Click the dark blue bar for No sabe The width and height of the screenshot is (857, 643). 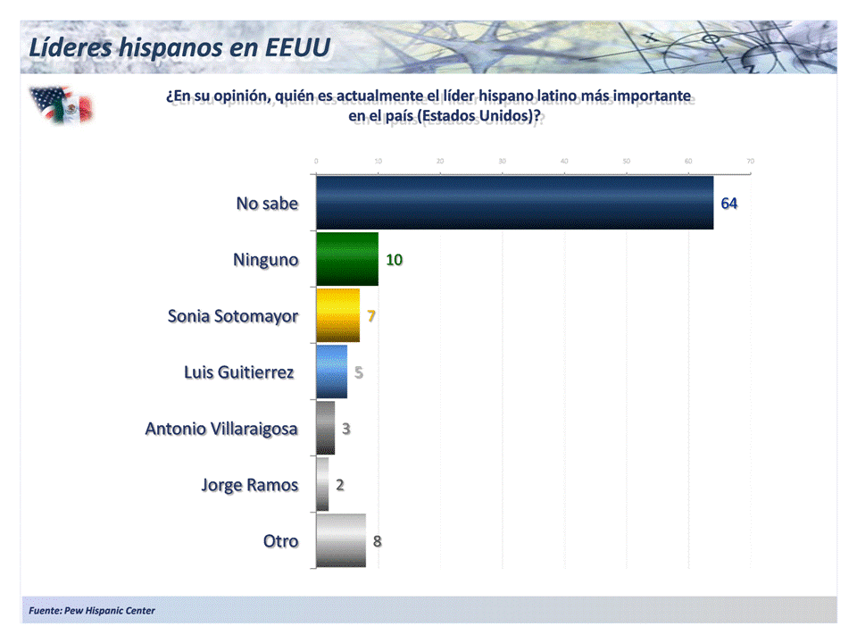514,203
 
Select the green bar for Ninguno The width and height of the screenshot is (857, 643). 347,260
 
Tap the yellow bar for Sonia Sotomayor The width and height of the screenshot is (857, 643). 337,315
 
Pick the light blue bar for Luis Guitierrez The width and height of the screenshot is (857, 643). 331,372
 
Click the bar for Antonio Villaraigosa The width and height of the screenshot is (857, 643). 326,428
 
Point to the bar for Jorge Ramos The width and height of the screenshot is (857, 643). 322,484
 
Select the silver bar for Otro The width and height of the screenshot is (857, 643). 341,540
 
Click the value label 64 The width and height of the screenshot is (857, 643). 728,204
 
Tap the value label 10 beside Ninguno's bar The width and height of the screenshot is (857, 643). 394,260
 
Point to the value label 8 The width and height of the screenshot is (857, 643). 378,540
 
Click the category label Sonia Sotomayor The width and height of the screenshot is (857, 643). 233,316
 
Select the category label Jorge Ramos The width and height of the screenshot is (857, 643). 249,485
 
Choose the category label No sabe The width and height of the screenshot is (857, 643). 267,204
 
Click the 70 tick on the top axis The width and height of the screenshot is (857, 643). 750,161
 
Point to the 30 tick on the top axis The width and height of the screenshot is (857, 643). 502,161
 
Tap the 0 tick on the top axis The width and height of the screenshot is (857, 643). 316,161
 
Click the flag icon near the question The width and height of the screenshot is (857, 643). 61,104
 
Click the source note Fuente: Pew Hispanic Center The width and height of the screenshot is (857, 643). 92,611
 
